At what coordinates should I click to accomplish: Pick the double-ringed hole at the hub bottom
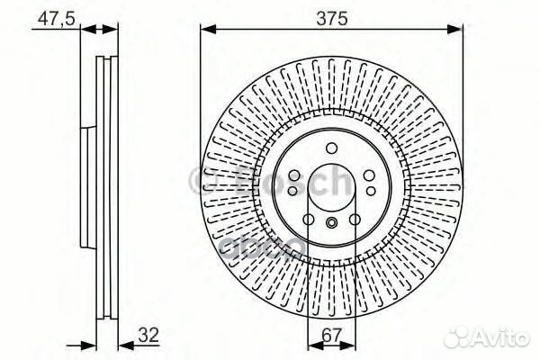[331, 224]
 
